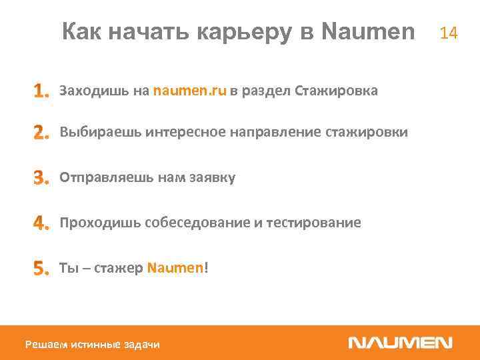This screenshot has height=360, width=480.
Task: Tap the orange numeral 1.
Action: (41, 91)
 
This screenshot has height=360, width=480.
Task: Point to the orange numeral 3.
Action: (41, 178)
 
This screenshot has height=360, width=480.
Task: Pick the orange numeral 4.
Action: (41, 223)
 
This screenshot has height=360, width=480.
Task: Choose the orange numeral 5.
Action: (41, 268)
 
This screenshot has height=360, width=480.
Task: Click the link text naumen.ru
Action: (190, 91)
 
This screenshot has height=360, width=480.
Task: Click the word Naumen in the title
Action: (368, 32)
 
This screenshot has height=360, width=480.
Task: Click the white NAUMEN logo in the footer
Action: (400, 343)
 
